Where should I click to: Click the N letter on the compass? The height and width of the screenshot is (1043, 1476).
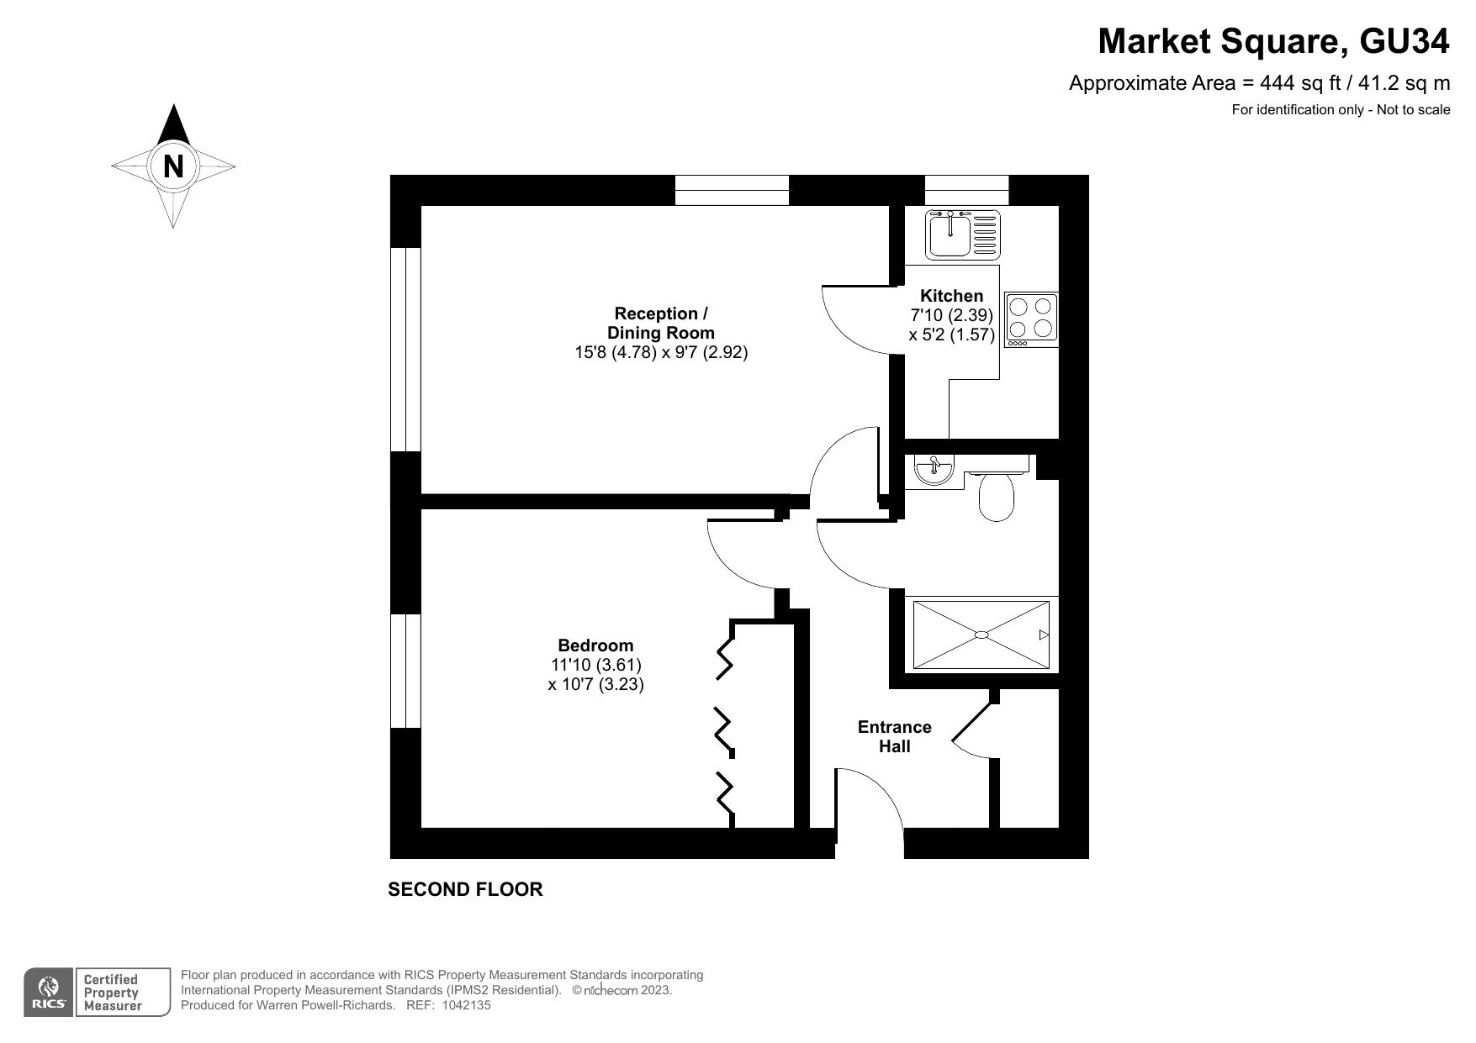(x=173, y=166)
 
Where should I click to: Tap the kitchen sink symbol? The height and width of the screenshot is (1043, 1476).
(x=962, y=234)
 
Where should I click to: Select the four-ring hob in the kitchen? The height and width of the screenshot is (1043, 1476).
(x=1032, y=319)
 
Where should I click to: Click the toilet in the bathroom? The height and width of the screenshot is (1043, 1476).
(x=997, y=498)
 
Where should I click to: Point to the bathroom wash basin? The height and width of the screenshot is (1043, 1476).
(x=933, y=470)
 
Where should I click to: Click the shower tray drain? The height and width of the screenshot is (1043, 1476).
(x=981, y=635)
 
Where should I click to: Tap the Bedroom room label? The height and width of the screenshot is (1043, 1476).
(x=595, y=645)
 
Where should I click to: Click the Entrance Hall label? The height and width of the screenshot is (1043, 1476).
(x=894, y=736)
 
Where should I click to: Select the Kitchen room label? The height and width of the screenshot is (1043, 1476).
(x=951, y=296)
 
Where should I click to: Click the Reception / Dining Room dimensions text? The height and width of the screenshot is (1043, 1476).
(x=661, y=352)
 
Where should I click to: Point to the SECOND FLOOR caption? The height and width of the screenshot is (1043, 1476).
(x=465, y=889)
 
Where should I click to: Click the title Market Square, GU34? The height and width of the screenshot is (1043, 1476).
(x=1273, y=41)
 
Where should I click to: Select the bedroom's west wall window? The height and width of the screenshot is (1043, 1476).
(x=405, y=671)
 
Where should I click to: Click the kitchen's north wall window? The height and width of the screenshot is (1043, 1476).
(x=966, y=190)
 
